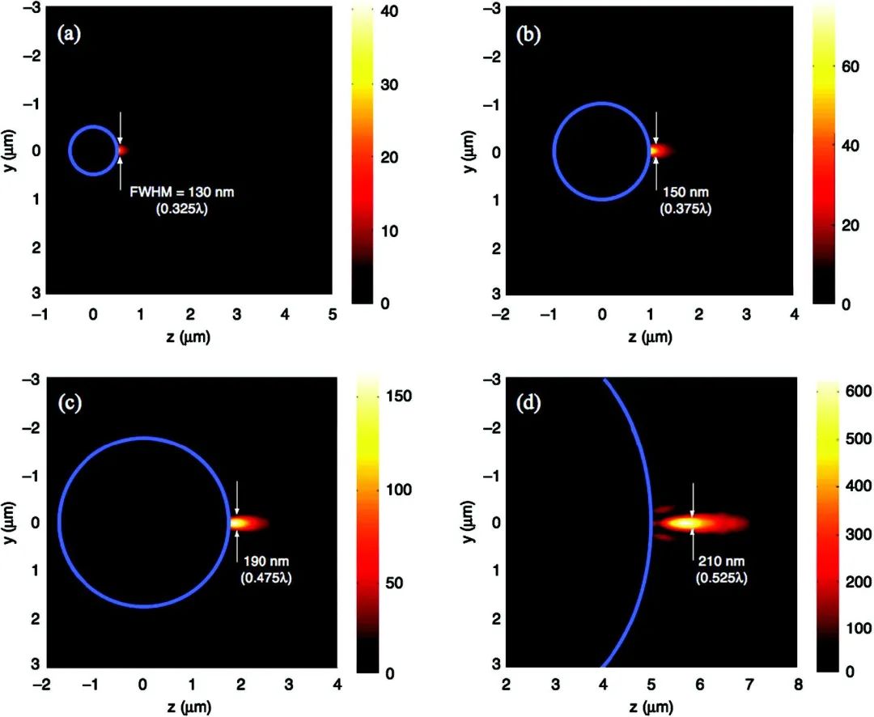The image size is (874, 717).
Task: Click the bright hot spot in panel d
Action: pyautogui.click(x=689, y=523)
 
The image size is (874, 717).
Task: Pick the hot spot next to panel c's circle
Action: pyautogui.click(x=240, y=523)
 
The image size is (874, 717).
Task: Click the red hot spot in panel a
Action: pyautogui.click(x=122, y=150)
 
